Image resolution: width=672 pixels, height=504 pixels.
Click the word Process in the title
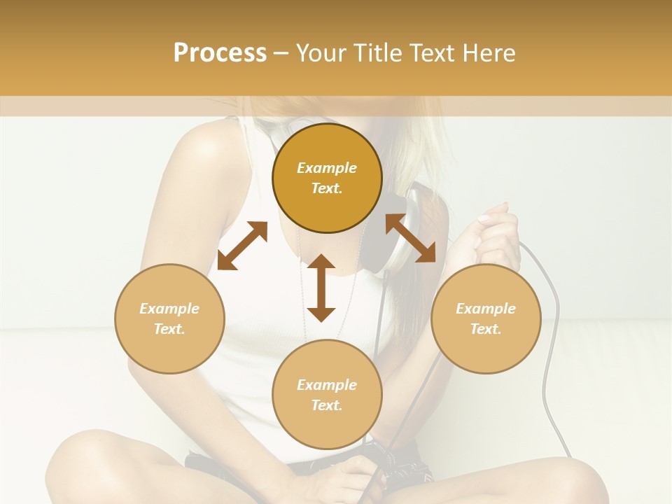pyautogui.click(x=220, y=52)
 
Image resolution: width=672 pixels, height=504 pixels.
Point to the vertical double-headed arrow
pyautogui.click(x=321, y=288)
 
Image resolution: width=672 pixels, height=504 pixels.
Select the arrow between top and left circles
pyautogui.click(x=242, y=246)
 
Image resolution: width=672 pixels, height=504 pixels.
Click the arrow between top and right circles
pyautogui.click(x=410, y=238)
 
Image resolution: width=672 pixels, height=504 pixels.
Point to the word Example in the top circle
pyautogui.click(x=327, y=168)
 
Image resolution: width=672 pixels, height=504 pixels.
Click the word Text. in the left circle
pyautogui.click(x=169, y=329)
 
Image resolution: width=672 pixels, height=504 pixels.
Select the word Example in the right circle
pyautogui.click(x=486, y=309)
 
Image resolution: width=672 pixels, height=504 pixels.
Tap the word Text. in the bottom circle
pyautogui.click(x=327, y=405)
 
